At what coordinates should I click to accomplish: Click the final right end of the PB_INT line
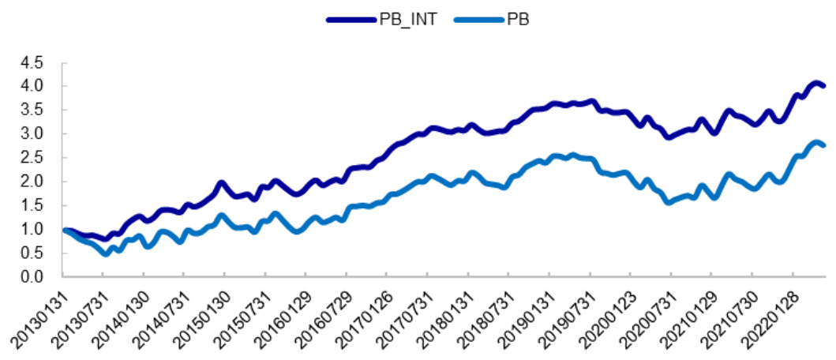(x=823, y=85)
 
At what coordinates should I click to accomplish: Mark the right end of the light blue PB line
(x=823, y=145)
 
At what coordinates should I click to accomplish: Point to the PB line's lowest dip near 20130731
(x=106, y=253)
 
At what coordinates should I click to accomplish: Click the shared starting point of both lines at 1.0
(x=65, y=230)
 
